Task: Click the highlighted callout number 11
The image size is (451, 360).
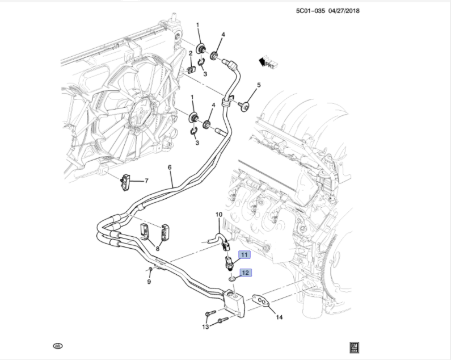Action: coord(244,255)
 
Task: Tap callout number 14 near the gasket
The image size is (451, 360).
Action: coord(279,317)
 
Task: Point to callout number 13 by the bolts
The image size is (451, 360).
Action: coord(205,327)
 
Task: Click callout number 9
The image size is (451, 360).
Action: coord(149,282)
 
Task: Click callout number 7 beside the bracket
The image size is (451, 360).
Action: coord(146,181)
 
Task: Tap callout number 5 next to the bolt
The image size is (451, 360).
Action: coord(258,86)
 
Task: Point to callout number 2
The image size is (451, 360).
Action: coord(191,54)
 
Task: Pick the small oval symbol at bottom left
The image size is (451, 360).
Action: coord(57,345)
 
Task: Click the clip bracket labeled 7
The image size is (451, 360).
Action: coord(126,181)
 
